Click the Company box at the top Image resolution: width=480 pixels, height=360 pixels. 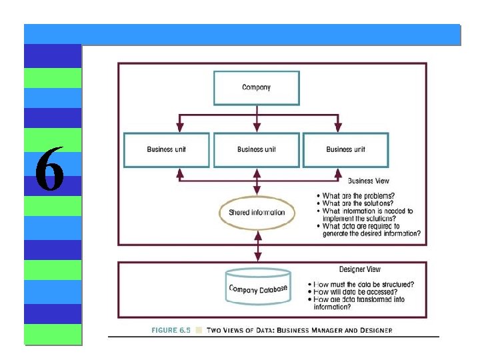click(x=257, y=88)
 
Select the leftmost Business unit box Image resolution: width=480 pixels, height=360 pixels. click(x=167, y=150)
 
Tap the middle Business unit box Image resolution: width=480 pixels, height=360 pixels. click(x=257, y=150)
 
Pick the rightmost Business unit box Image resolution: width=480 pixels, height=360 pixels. click(x=346, y=150)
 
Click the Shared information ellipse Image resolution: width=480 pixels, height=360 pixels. click(x=257, y=213)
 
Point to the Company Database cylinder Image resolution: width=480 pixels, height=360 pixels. click(x=258, y=287)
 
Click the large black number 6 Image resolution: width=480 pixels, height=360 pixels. click(x=49, y=168)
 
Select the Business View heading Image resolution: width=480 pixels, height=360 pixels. click(x=368, y=181)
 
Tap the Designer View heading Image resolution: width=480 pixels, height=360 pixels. click(x=360, y=269)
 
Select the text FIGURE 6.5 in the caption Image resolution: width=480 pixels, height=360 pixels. click(x=171, y=330)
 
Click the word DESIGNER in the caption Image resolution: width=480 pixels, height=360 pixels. click(x=376, y=331)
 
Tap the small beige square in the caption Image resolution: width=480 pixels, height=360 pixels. click(x=199, y=330)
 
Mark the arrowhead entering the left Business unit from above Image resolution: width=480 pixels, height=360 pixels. click(x=180, y=128)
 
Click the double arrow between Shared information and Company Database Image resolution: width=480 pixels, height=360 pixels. click(x=258, y=246)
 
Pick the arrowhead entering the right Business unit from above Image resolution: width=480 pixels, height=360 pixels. click(x=338, y=128)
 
